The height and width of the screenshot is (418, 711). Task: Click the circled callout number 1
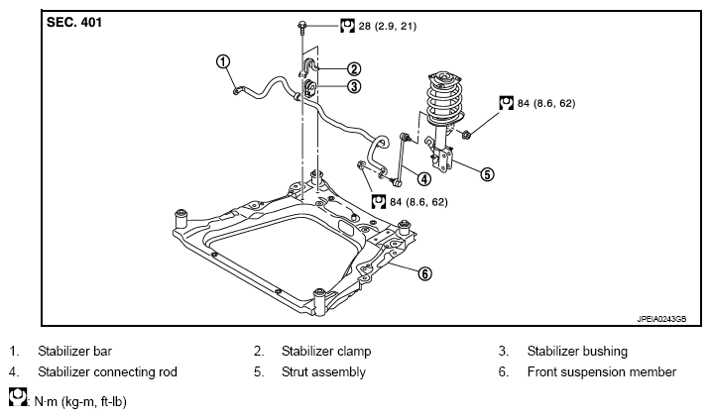click(223, 61)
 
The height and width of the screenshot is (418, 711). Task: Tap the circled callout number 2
click(354, 68)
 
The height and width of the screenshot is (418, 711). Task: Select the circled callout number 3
click(354, 86)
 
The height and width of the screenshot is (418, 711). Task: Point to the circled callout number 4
click(424, 179)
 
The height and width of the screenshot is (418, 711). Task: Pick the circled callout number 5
click(487, 174)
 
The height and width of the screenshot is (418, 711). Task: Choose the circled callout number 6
click(424, 273)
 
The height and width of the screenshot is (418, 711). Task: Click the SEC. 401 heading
click(74, 22)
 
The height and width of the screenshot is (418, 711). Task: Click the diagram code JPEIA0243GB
click(661, 319)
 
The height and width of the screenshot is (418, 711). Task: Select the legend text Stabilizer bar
click(74, 351)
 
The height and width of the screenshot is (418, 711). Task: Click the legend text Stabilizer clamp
click(326, 351)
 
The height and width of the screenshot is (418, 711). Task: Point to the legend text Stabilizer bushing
click(577, 351)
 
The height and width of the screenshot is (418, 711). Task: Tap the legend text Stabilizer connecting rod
click(107, 371)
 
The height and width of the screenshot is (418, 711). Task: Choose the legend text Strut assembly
click(323, 371)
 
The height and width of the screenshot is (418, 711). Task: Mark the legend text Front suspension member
click(602, 371)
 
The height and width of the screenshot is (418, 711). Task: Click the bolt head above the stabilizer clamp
click(301, 25)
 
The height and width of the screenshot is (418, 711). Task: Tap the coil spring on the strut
click(444, 99)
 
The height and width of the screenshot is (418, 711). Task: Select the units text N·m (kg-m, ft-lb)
click(80, 402)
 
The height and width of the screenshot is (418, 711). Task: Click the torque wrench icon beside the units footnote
click(17, 396)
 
